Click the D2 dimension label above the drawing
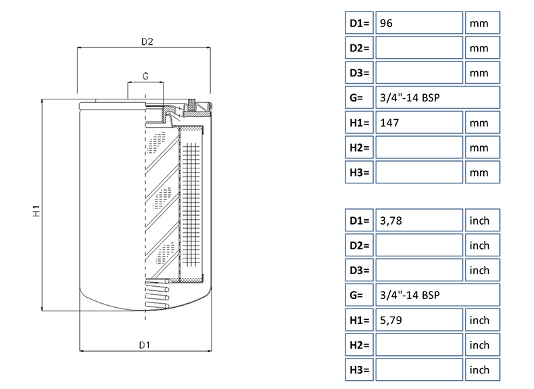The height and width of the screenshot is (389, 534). [147, 42]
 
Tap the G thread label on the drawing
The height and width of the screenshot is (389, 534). [145, 75]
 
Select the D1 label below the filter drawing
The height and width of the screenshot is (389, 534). [144, 345]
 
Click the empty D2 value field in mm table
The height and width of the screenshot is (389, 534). [418, 48]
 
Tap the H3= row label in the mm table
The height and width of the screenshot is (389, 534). [359, 173]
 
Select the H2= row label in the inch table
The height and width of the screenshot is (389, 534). [359, 345]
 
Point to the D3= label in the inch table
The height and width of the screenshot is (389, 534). [359, 271]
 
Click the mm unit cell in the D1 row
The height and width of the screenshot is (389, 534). [482, 23]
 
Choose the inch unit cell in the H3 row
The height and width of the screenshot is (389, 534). [482, 370]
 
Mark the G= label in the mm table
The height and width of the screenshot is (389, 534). [359, 97]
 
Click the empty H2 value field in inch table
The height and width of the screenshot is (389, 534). [418, 345]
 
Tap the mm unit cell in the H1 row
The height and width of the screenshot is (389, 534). [482, 122]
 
